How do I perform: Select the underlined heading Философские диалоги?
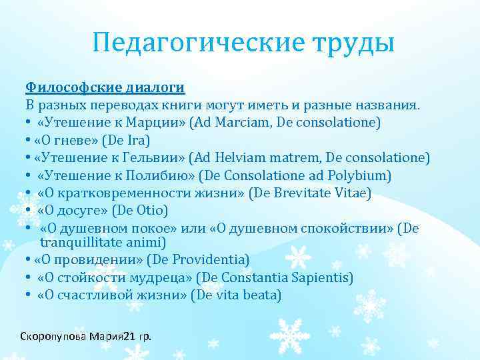click(x=105, y=87)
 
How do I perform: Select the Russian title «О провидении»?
click(x=86, y=259)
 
